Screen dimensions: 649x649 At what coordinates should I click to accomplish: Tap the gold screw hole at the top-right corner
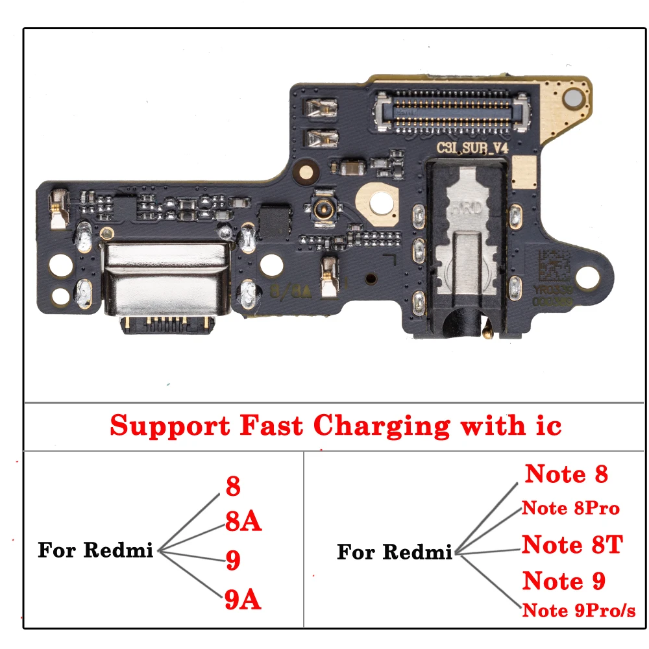[x=573, y=99]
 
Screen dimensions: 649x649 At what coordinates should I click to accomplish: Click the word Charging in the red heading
[x=381, y=426]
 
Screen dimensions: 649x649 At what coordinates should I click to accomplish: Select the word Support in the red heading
[x=170, y=426]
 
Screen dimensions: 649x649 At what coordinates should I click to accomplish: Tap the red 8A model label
[x=243, y=521]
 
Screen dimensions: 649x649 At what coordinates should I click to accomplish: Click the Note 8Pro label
[x=570, y=508]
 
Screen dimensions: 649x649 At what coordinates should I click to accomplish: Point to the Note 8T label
[x=572, y=544]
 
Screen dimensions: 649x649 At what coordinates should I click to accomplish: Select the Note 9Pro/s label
[x=579, y=610]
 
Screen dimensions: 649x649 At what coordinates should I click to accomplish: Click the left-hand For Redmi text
[x=95, y=550]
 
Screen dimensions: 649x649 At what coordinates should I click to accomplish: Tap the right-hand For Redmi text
[x=395, y=552]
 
